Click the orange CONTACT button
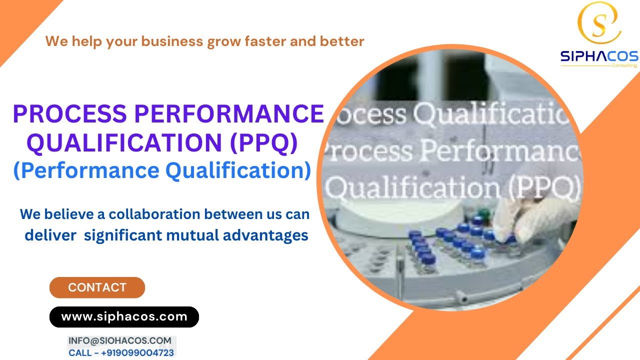tap(97, 287)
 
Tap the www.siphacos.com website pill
tap(124, 316)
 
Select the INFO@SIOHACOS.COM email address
tap(119, 340)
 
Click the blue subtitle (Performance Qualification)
tap(161, 171)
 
